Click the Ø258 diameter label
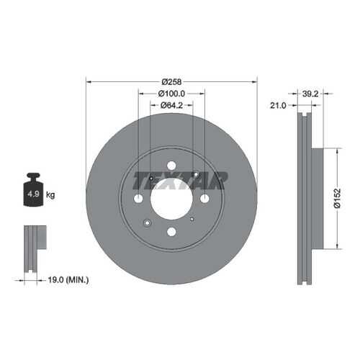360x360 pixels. click(x=171, y=82)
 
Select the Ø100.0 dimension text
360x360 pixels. click(x=171, y=94)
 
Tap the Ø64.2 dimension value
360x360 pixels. click(x=171, y=105)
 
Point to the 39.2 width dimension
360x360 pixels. click(x=310, y=94)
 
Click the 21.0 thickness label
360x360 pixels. click(x=278, y=105)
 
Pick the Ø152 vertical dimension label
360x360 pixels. click(x=337, y=198)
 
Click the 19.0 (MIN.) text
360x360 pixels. click(x=68, y=280)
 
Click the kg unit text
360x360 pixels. click(x=50, y=194)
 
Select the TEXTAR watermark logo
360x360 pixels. click(x=180, y=181)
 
